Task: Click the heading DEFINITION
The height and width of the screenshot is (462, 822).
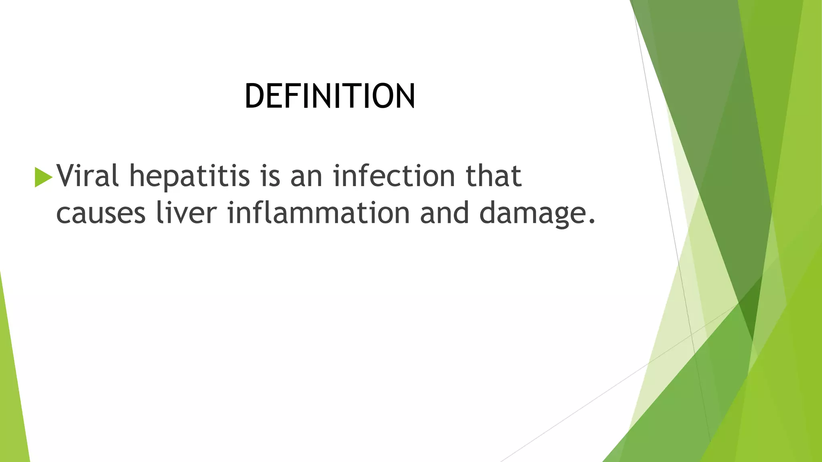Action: click(x=330, y=96)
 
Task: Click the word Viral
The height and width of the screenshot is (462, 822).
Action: click(x=87, y=176)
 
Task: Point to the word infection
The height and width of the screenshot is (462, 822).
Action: click(x=394, y=176)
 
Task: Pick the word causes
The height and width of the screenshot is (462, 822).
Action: click(x=101, y=213)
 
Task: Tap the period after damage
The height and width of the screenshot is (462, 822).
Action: click(x=591, y=221)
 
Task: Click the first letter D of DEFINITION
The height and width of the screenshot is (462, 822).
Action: click(x=254, y=96)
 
